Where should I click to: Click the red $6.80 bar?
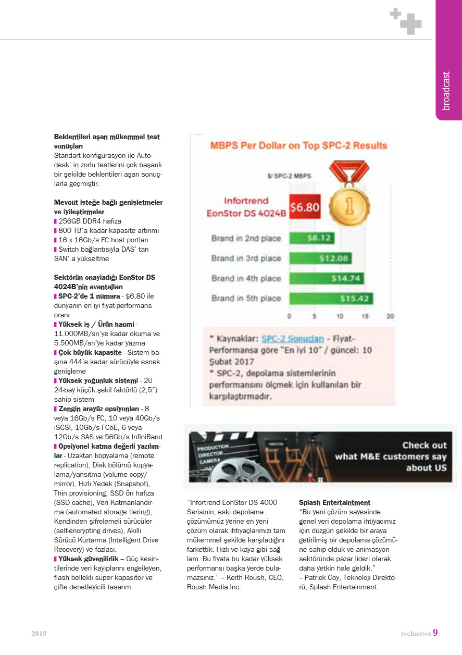304,207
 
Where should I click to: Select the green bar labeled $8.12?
311,238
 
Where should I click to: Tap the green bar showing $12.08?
320,258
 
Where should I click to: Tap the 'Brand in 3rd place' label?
246,258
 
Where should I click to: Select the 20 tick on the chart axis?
390,316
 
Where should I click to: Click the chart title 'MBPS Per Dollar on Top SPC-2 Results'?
298,145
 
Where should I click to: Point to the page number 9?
435,633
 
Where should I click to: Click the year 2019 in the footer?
39,634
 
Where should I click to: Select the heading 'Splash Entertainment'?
334,503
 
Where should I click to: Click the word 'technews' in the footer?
415,634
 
